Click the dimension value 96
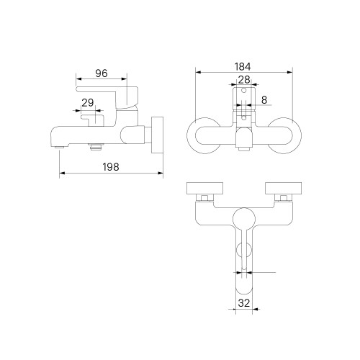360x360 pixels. point(102,73)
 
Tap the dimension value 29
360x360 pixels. point(88,103)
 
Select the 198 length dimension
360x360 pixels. point(111,167)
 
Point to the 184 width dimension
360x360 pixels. point(243,67)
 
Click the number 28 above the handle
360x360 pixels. point(244,80)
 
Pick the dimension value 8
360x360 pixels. point(264,100)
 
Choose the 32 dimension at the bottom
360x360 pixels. point(244,303)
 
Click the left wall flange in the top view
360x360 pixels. point(204,188)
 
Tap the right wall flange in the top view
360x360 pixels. point(283,188)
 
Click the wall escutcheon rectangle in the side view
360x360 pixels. point(158,135)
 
